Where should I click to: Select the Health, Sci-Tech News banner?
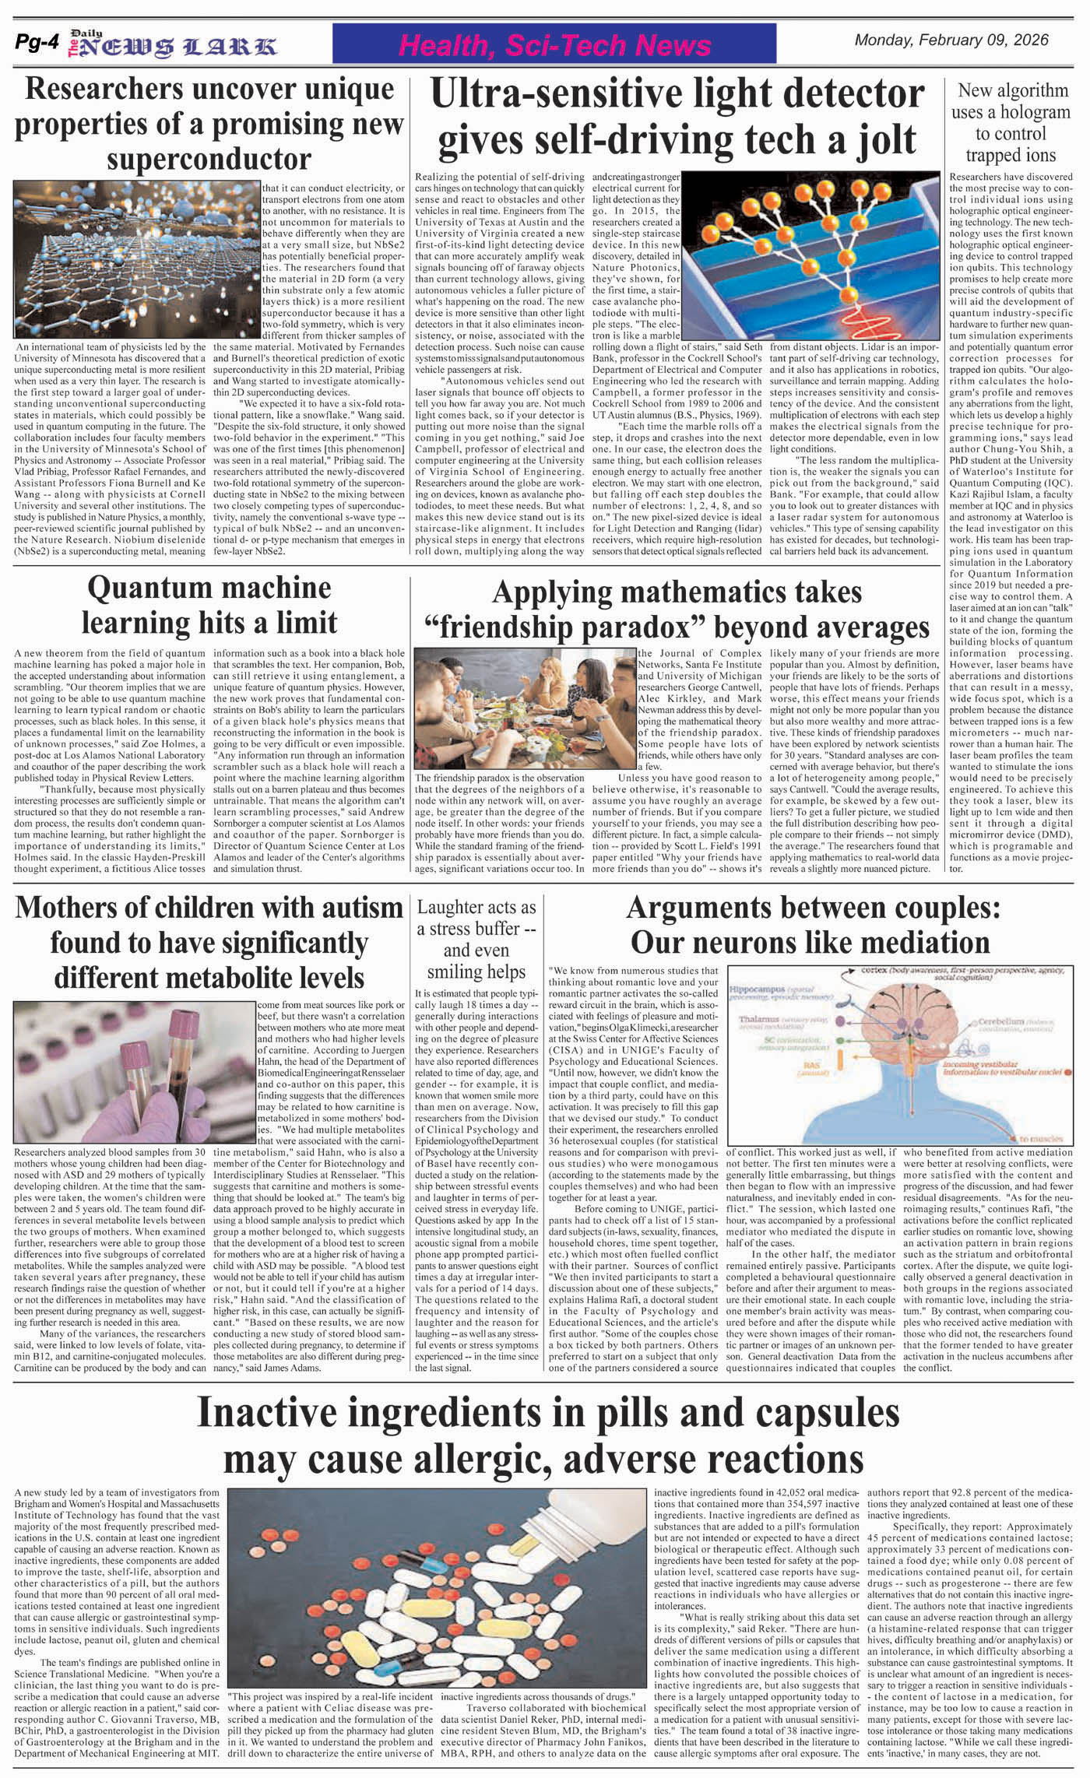pyautogui.click(x=554, y=45)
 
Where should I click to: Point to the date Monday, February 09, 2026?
pyautogui.click(x=951, y=40)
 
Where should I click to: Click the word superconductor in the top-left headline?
pyautogui.click(x=209, y=159)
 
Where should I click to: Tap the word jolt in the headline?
pyautogui.click(x=877, y=141)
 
